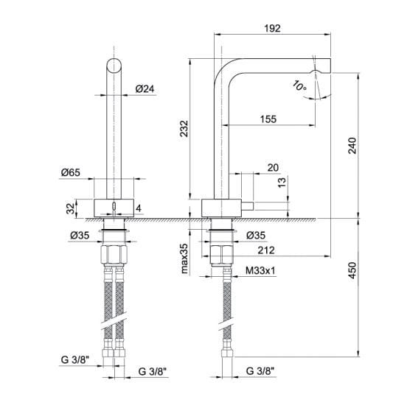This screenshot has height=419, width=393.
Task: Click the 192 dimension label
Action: click(272, 28)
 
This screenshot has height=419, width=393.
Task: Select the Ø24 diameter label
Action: click(145, 88)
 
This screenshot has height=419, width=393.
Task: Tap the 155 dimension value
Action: click(268, 119)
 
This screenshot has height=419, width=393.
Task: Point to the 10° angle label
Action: click(299, 85)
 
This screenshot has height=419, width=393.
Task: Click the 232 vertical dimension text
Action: click(184, 129)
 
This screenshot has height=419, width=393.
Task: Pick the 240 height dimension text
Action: click(352, 146)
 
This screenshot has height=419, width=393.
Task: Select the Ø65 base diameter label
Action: click(71, 172)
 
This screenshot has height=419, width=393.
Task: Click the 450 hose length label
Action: click(352, 270)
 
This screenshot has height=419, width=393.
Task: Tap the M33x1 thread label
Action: click(260, 271)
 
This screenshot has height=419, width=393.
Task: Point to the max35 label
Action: click(184, 258)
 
